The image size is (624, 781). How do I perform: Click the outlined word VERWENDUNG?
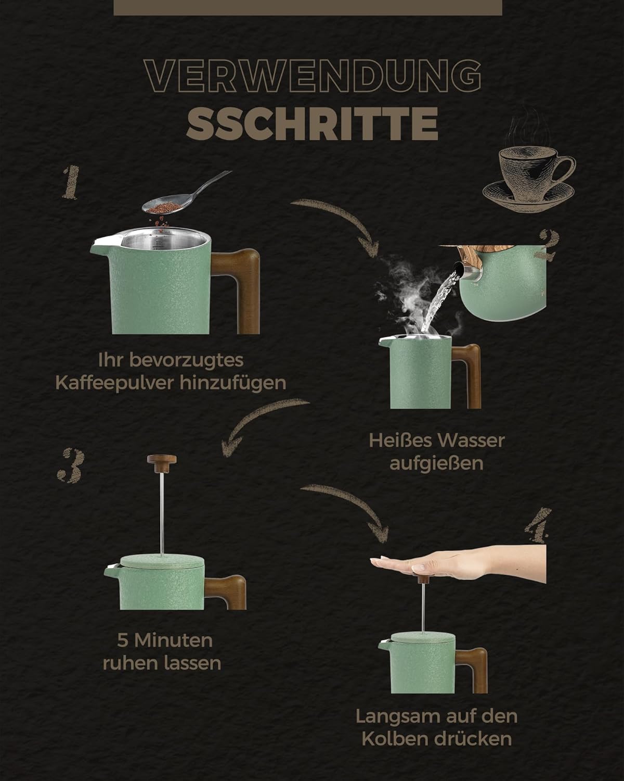coord(313,75)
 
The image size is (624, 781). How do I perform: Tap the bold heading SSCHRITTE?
coord(313,123)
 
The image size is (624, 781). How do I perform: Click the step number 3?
coord(71,465)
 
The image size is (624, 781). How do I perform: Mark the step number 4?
coord(538,525)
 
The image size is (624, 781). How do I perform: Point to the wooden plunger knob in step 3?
coord(162,463)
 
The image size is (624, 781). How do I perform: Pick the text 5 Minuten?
coord(165,640)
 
